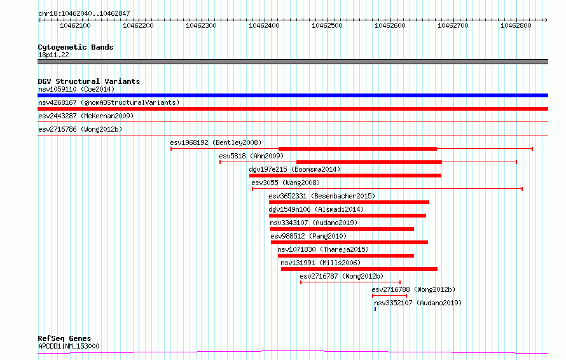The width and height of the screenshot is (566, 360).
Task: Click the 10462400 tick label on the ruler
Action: click(264, 25)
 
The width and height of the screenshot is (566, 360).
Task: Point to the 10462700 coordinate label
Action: click(453, 25)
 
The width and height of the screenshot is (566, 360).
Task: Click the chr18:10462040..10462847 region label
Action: click(84, 14)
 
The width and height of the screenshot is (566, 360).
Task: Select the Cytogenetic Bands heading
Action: click(76, 47)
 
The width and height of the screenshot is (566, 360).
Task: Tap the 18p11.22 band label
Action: click(53, 55)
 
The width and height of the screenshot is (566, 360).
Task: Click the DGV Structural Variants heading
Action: click(89, 81)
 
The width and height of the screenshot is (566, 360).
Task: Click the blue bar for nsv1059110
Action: click(293, 95)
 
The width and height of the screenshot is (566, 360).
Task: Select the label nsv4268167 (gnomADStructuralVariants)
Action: click(109, 102)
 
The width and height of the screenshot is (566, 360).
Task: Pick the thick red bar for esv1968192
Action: click(357, 149)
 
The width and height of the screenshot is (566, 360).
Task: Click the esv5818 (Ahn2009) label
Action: click(251, 156)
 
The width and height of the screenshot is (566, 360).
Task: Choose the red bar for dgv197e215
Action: click(345, 176)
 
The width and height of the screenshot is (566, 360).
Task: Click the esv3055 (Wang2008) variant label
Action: click(286, 183)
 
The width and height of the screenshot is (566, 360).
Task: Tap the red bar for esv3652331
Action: click(349, 202)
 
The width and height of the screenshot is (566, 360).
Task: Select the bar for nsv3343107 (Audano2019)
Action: click(342, 229)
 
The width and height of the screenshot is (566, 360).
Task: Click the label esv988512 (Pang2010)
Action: click(308, 236)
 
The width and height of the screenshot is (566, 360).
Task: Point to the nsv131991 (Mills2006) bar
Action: click(359, 269)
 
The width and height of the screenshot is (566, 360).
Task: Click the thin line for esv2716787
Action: click(350, 282)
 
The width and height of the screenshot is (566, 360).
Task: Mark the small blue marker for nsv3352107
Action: click(375, 309)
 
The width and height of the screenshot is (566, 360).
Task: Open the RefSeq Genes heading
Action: click(64, 338)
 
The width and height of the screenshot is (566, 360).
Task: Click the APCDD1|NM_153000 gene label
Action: click(69, 346)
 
